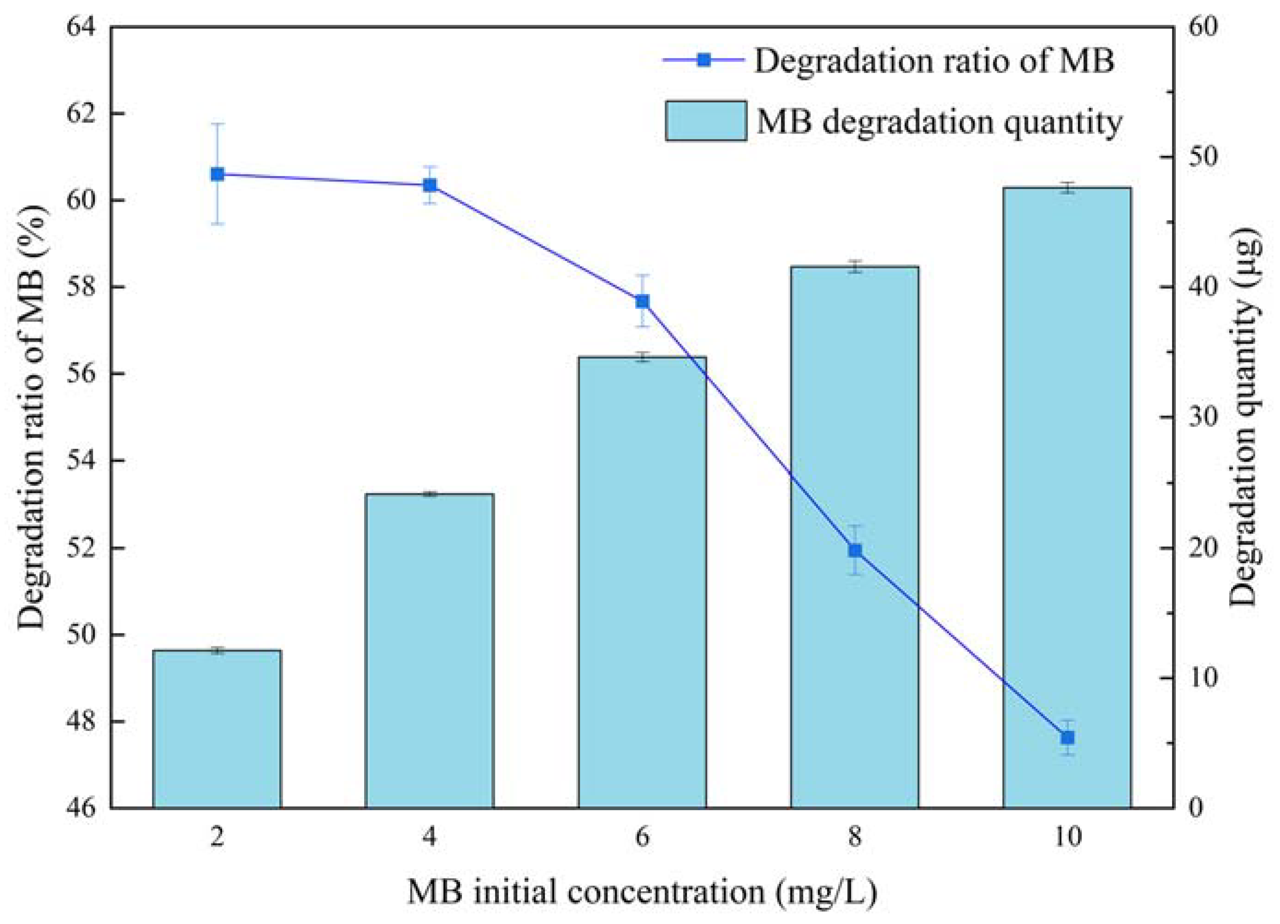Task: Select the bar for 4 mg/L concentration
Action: (430, 649)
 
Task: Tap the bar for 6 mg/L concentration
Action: (642, 581)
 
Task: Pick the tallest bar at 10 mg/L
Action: (1067, 497)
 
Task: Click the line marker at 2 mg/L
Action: (217, 174)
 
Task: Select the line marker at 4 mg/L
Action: (430, 185)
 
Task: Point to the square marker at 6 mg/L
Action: (642, 301)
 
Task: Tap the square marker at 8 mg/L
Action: (855, 550)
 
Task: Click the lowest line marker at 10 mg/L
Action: (1067, 738)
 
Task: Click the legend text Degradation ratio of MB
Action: (934, 60)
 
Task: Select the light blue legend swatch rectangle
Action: (706, 121)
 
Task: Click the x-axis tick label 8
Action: (855, 836)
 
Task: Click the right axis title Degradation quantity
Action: (1244, 417)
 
